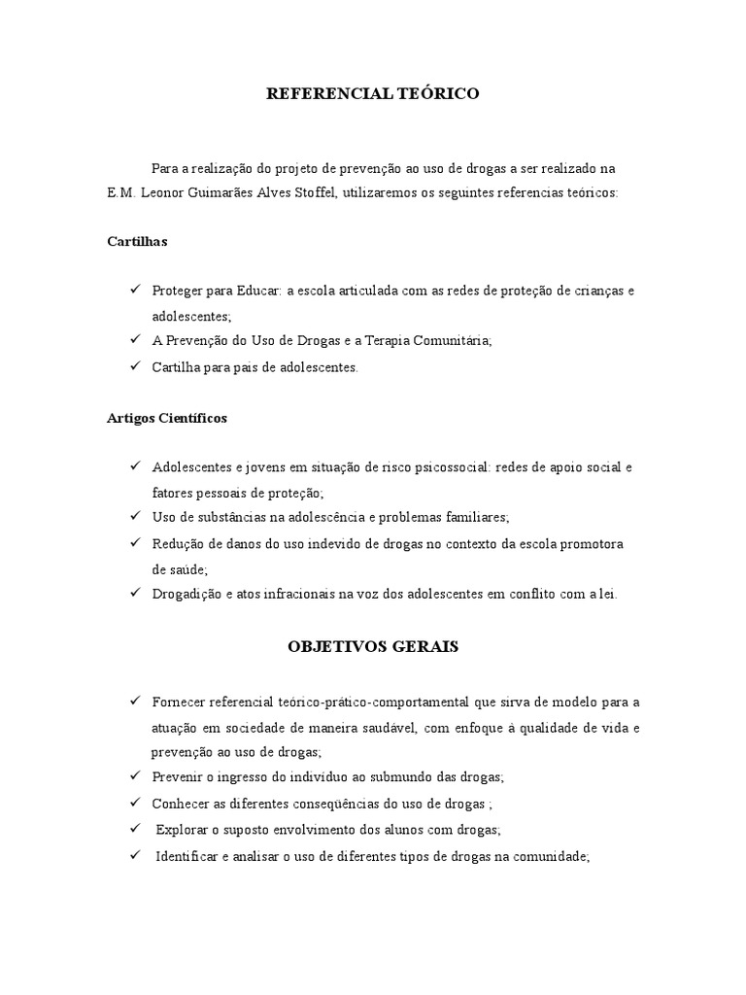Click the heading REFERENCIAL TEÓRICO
373,94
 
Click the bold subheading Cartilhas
137,242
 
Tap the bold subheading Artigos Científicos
167,418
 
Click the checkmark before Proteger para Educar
134,291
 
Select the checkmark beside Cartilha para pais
134,366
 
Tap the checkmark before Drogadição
134,594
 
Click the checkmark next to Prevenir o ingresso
134,776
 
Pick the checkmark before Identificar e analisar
134,856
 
